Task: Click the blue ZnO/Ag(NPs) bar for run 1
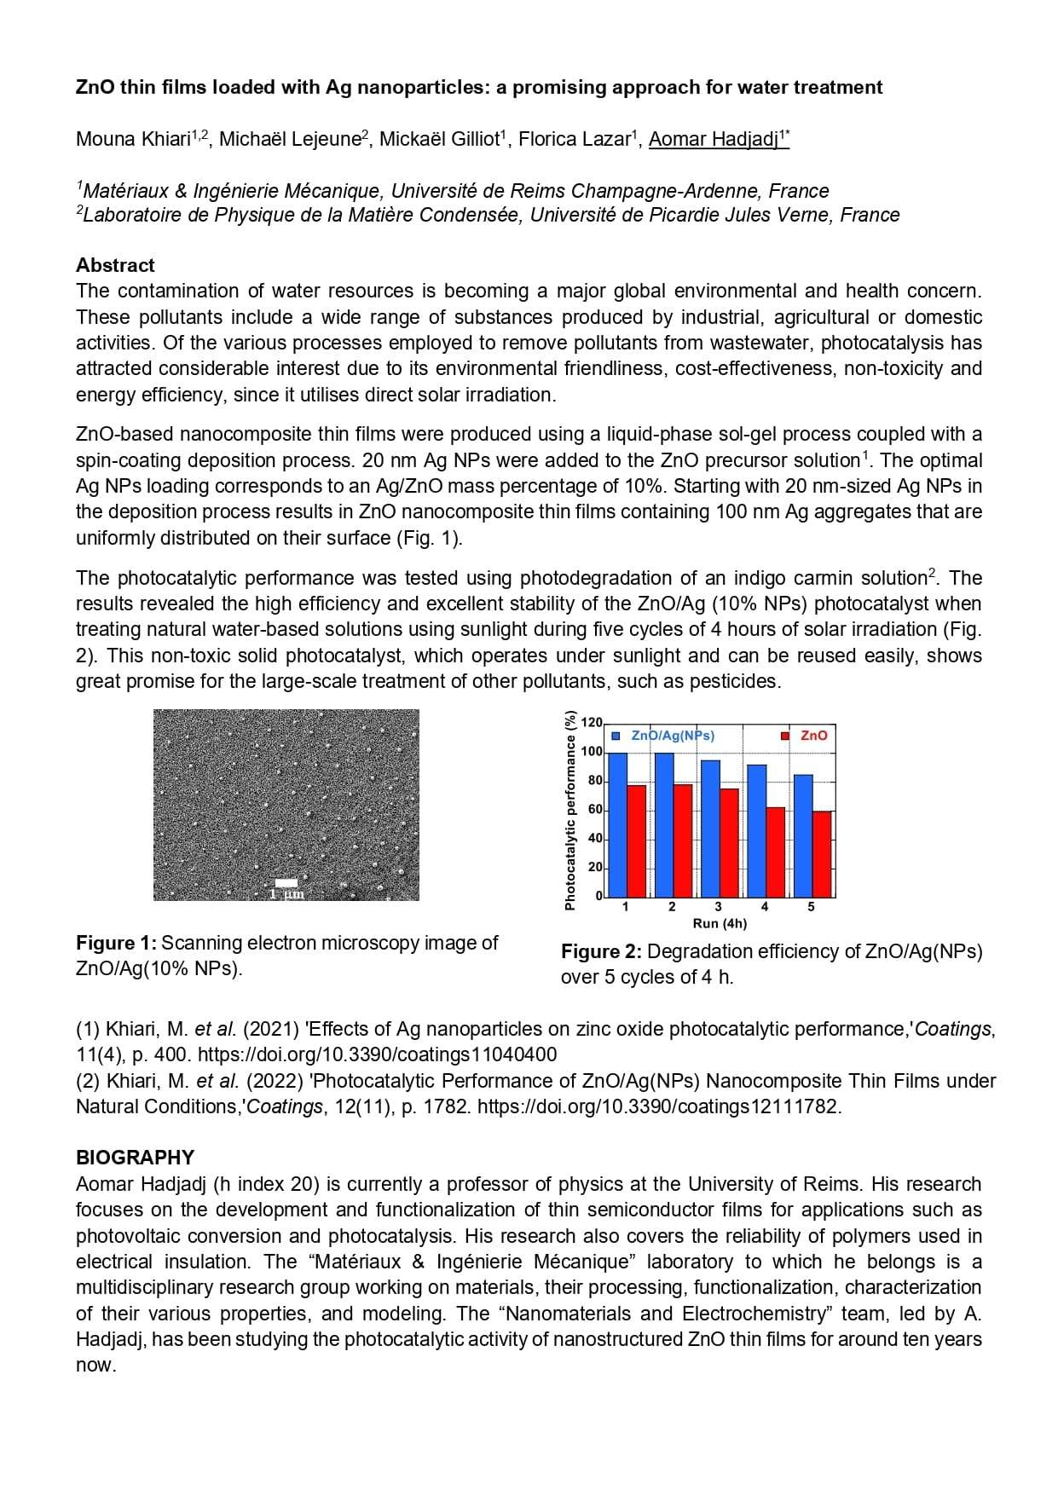pyautogui.click(x=617, y=824)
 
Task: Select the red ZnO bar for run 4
pyautogui.click(x=775, y=852)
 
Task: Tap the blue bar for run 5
pyautogui.click(x=802, y=835)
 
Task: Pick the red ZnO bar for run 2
pyautogui.click(x=683, y=840)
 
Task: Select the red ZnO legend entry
pyautogui.click(x=805, y=735)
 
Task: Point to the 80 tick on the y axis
pyautogui.click(x=594, y=781)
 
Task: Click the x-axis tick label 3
pyautogui.click(x=718, y=907)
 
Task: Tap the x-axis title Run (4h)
pyautogui.click(x=720, y=923)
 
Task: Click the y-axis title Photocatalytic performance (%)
pyautogui.click(x=569, y=810)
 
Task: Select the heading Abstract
pyautogui.click(x=115, y=265)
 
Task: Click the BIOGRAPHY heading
pyautogui.click(x=135, y=1158)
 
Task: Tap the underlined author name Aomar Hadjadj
pyautogui.click(x=714, y=139)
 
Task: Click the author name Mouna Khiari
pyautogui.click(x=133, y=139)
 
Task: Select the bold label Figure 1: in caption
pyautogui.click(x=116, y=943)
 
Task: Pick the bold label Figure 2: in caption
pyautogui.click(x=601, y=951)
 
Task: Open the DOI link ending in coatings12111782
pyautogui.click(x=658, y=1106)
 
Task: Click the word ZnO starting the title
pyautogui.click(x=95, y=87)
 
